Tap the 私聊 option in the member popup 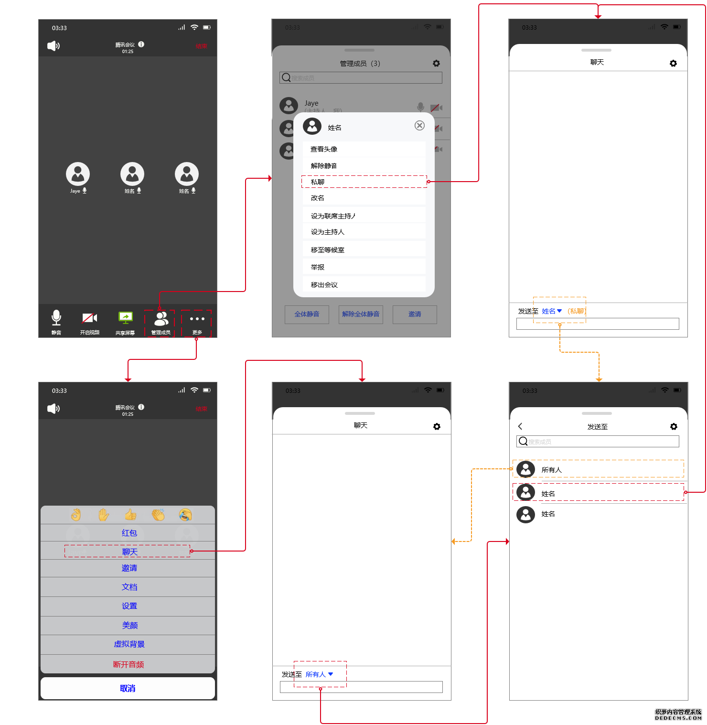318,182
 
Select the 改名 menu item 318,198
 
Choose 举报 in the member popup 318,267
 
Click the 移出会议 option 324,285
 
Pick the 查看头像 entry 324,149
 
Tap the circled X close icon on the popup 419,126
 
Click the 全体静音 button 307,314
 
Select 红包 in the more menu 129,533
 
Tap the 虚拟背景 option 129,644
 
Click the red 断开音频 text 129,664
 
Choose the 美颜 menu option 129,625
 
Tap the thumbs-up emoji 130,515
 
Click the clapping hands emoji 158,515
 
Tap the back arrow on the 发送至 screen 520,426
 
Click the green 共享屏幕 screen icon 125,317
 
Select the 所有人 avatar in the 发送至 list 525,469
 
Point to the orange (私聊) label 577,311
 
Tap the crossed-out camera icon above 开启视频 89,318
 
